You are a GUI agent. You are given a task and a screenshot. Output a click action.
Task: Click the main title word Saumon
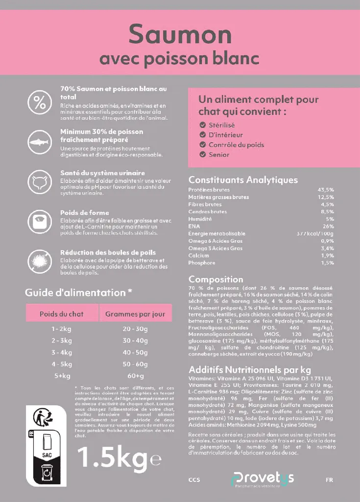pos(180,35)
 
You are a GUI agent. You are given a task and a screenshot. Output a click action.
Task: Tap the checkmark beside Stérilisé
pos(202,125)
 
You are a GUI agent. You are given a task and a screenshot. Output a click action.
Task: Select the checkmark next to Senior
pos(202,154)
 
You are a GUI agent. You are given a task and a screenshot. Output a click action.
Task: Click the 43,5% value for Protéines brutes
pos(326,190)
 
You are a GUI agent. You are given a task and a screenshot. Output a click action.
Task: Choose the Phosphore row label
pos(202,263)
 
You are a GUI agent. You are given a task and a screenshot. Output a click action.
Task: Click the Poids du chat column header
pos(62,314)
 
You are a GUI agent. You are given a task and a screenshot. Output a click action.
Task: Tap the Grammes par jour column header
pos(135,314)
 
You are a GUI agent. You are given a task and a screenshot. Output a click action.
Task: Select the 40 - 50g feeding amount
pos(135,352)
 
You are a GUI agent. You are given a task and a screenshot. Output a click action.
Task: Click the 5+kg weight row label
pos(62,376)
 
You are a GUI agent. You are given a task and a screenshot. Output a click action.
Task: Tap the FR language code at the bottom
pos(329,480)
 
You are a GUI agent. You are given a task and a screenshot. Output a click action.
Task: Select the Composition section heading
pos(216,279)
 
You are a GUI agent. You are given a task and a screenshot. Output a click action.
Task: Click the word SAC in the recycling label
pos(47,455)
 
